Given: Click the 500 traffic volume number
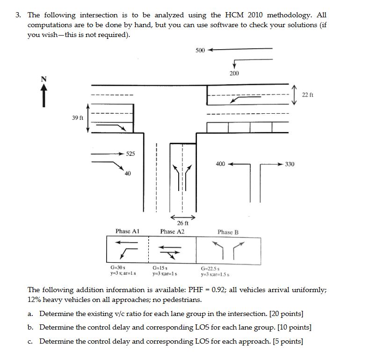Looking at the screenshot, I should [x=200, y=50].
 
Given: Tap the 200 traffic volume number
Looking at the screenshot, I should [x=234, y=73].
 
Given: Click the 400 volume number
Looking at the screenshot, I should [x=220, y=164].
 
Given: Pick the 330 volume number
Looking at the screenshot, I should [x=290, y=164].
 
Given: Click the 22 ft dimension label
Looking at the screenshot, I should [x=307, y=95].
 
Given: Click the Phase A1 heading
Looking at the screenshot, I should [x=128, y=231].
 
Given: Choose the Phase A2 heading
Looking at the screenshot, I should [x=172, y=231].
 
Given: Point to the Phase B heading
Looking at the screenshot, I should [x=228, y=232].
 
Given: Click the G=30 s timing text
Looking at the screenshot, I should [x=117, y=268].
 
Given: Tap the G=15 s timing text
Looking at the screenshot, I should [x=160, y=268].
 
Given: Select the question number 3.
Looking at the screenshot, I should [x=17, y=15].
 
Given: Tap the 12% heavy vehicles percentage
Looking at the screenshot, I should [x=34, y=299].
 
